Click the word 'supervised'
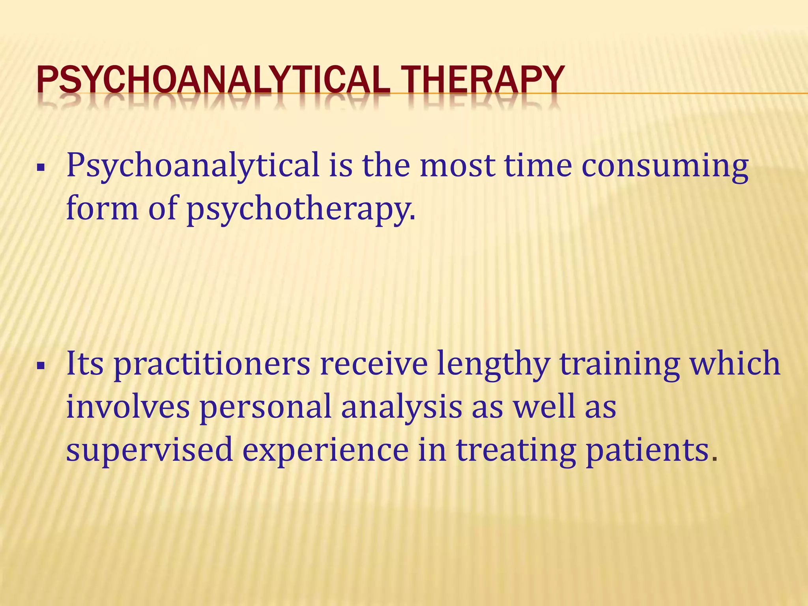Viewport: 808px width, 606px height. point(149,451)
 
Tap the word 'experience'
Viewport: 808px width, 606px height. point(325,451)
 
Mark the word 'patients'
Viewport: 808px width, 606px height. point(647,451)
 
